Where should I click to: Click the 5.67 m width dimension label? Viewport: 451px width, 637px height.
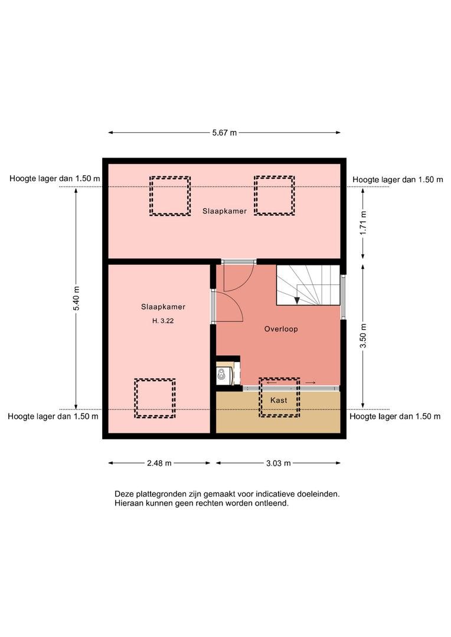pos(224,133)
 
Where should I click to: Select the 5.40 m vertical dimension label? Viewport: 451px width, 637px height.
pos(76,298)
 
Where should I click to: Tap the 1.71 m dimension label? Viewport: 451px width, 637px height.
pos(363,222)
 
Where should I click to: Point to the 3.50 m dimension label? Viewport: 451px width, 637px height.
pos(363,336)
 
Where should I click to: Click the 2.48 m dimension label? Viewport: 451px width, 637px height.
pos(159,463)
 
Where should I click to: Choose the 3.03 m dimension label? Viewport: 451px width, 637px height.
pos(279,463)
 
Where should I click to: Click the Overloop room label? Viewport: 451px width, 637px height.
pos(281,329)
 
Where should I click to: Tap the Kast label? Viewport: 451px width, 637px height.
pos(279,400)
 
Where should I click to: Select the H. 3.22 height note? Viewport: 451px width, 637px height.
pos(163,320)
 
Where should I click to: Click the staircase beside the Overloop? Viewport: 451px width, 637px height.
pos(308,285)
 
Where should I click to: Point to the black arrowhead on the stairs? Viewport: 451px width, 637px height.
pos(298,300)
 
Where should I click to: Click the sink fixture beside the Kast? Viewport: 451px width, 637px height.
pos(222,375)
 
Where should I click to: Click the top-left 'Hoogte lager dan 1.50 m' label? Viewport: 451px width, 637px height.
pos(54,179)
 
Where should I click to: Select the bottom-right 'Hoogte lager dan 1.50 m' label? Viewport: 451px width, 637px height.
pos(395,416)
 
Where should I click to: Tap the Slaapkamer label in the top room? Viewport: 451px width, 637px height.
pos(224,211)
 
